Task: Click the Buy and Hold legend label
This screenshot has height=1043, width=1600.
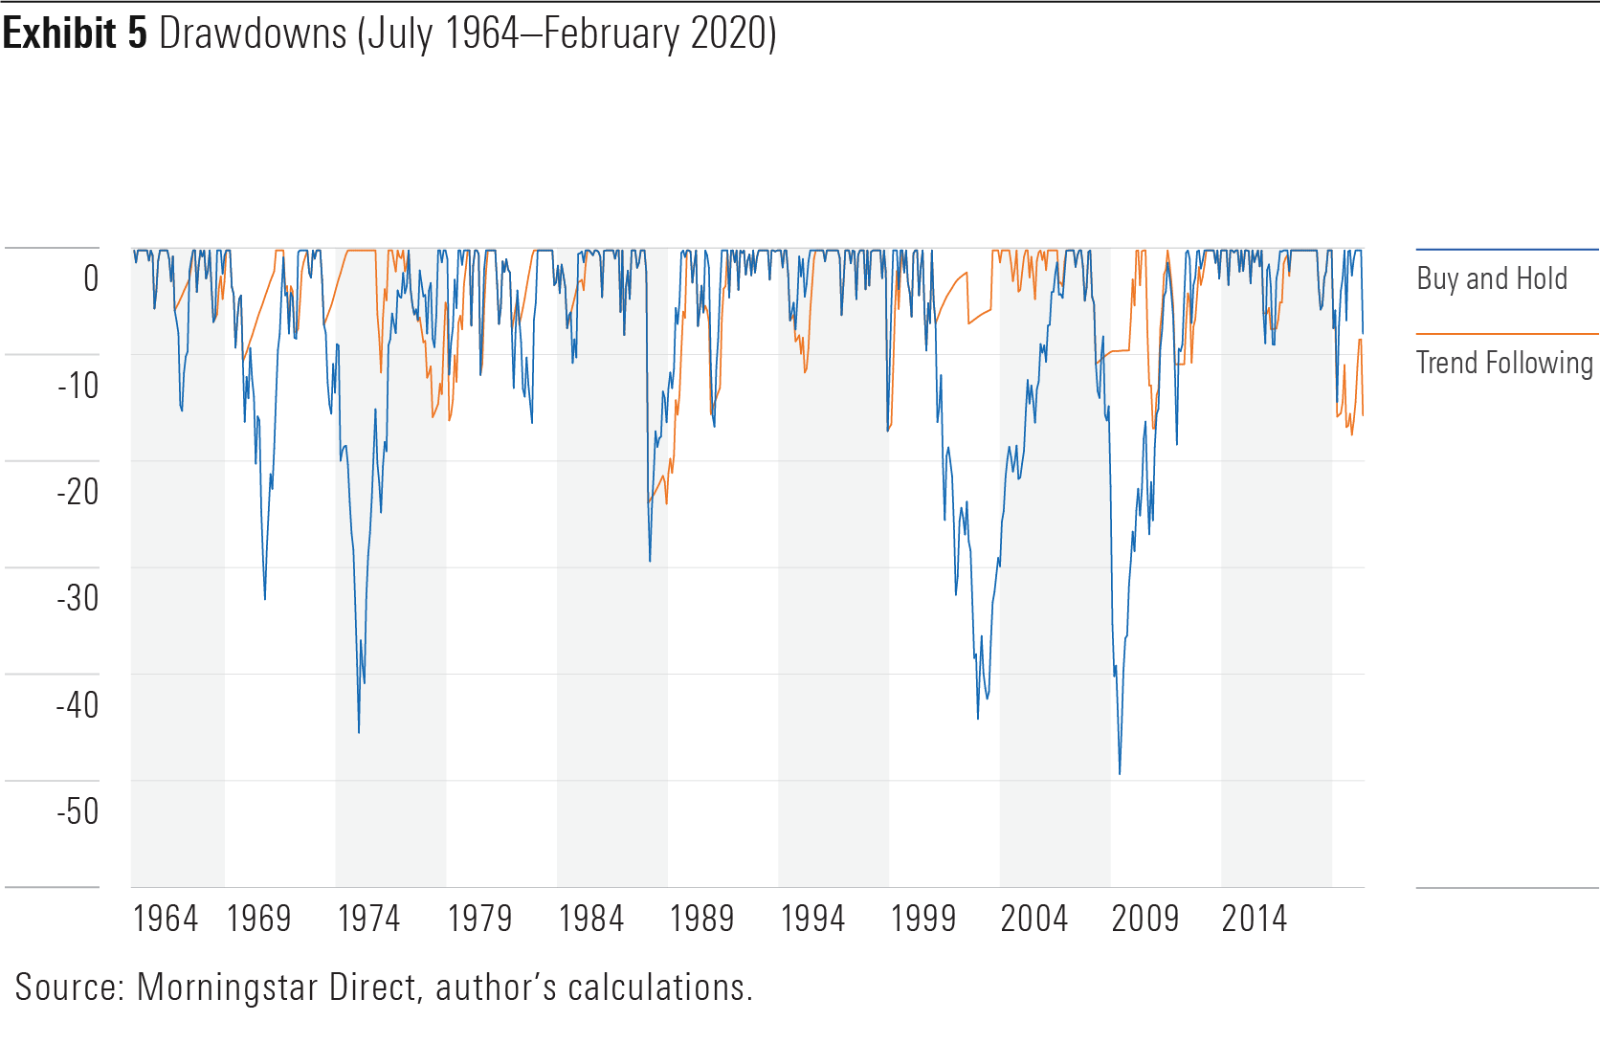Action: (1491, 278)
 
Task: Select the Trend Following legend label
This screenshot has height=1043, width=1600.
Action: (1504, 363)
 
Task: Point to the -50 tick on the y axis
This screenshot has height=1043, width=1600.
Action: (78, 811)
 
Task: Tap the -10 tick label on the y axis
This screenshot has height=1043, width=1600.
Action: (78, 386)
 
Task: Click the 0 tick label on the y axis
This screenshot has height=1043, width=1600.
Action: (91, 278)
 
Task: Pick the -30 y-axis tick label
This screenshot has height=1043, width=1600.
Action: (78, 598)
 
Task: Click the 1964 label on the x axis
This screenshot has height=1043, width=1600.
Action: (165, 919)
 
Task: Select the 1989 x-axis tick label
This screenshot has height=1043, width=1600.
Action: (701, 919)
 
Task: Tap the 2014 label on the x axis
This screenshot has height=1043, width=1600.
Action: (1254, 919)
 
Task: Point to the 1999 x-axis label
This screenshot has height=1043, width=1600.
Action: (922, 919)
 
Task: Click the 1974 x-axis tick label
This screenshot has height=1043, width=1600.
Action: (368, 919)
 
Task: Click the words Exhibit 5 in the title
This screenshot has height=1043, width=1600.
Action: (75, 33)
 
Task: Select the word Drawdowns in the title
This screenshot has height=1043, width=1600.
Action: (253, 33)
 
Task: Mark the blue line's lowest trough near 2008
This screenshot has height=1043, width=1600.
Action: (1120, 773)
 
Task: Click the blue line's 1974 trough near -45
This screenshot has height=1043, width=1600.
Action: (359, 733)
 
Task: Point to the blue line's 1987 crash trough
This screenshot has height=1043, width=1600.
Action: (650, 561)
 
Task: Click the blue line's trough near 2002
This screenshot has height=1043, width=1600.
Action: (977, 718)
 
